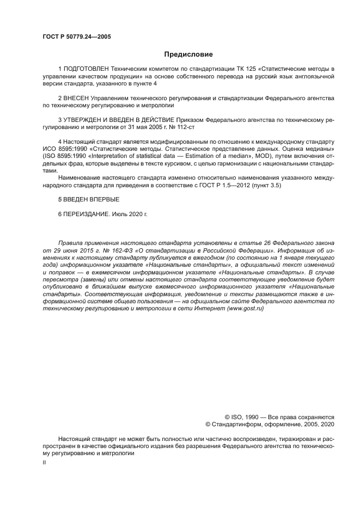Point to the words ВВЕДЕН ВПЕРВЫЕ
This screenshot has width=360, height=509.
click(91, 199)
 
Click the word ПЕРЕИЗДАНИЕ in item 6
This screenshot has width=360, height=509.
click(86, 213)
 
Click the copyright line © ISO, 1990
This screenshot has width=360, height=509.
click(248, 415)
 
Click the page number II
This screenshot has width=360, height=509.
click(44, 462)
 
